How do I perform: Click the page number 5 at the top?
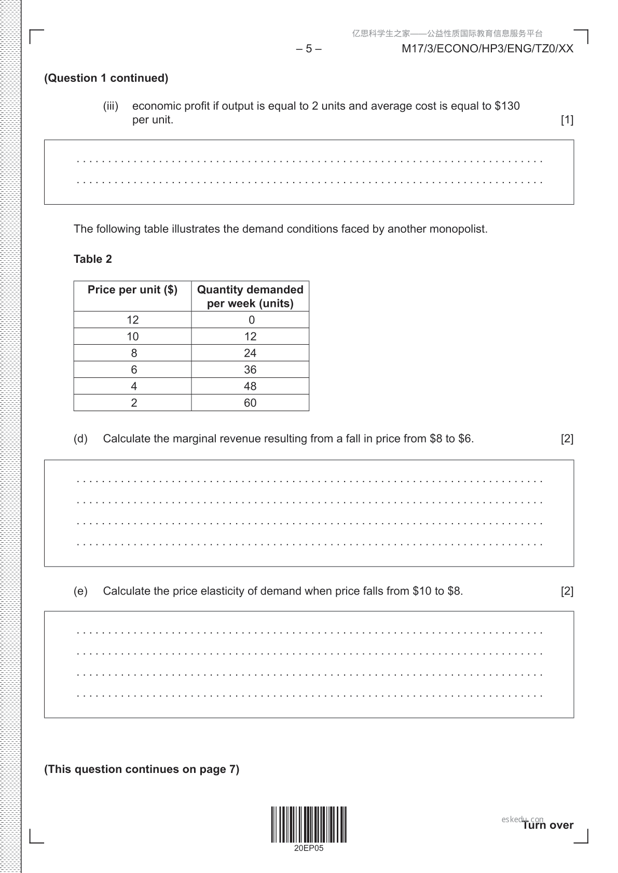(309, 49)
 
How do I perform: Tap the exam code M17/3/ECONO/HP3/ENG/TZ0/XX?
(487, 49)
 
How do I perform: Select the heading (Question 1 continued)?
(106, 78)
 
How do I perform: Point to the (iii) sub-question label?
(111, 106)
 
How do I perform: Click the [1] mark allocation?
(567, 120)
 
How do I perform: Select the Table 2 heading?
(93, 259)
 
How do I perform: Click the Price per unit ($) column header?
(132, 290)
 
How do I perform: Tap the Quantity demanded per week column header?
(250, 297)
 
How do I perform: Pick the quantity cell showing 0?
(251, 320)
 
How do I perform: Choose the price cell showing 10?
(133, 336)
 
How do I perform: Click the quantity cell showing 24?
(250, 353)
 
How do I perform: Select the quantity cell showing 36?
(250, 370)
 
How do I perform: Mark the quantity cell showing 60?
(250, 403)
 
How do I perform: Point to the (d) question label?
(80, 439)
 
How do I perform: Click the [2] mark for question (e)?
(567, 591)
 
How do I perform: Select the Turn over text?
(548, 825)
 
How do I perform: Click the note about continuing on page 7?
(142, 769)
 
